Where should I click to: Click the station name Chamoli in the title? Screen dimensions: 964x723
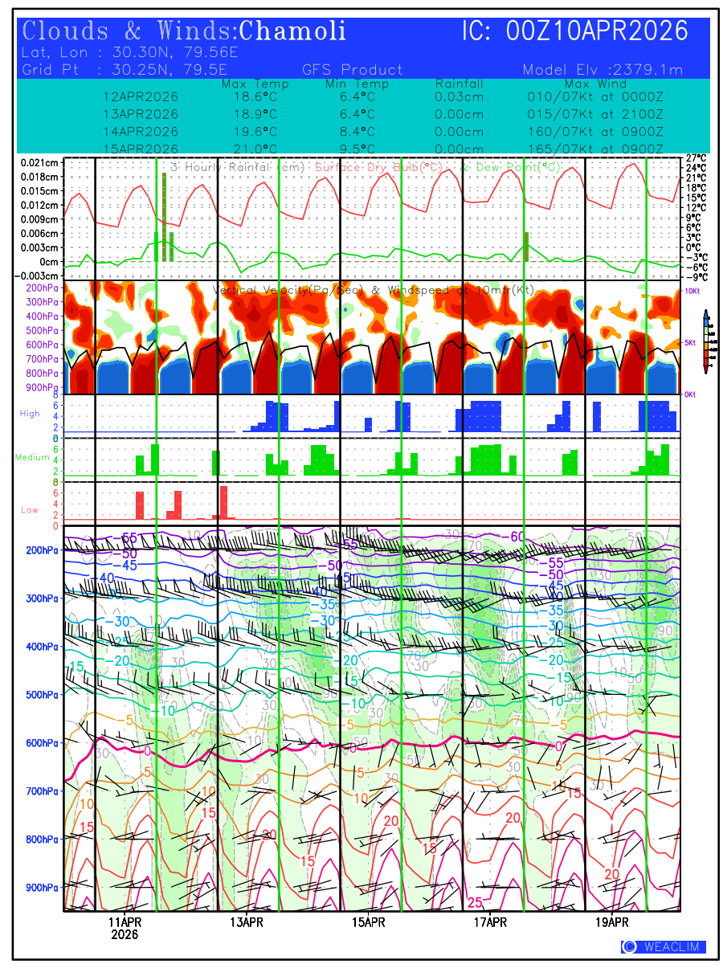(x=293, y=31)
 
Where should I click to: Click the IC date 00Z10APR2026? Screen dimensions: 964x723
(x=597, y=31)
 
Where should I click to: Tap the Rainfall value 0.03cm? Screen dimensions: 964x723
(x=459, y=96)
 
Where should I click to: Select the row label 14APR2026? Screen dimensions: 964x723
(x=141, y=131)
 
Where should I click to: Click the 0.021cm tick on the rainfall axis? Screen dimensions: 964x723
(x=39, y=162)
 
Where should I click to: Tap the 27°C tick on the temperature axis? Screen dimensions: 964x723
(x=696, y=158)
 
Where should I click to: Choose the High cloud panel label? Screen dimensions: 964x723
(x=30, y=413)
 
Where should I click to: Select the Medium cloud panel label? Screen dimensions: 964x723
(x=33, y=458)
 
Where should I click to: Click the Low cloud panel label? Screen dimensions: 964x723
(x=30, y=510)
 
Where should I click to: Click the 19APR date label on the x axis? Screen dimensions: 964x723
(x=611, y=921)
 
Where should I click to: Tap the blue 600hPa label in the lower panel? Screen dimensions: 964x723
(x=41, y=743)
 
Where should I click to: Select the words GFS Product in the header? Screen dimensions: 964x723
(x=353, y=70)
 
